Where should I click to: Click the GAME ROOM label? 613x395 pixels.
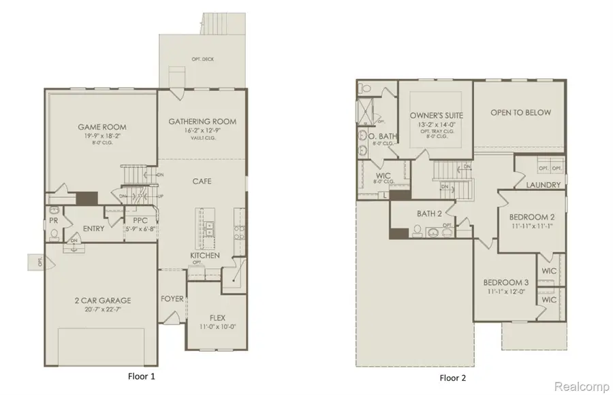point(101,127)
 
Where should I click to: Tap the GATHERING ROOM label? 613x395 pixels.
point(202,122)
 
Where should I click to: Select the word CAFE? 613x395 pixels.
point(202,182)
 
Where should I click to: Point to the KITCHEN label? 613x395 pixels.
point(204,255)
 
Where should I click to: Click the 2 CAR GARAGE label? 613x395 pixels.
point(103,300)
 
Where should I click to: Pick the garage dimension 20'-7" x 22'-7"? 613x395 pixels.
point(103,309)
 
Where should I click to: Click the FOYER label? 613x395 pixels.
point(172,298)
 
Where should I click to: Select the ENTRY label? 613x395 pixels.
point(93,229)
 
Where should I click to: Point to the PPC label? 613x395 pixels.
point(141,220)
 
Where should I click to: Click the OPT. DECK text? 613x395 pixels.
point(203,60)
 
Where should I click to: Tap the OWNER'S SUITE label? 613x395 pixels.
point(436,116)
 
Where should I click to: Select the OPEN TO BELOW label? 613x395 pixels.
point(520,113)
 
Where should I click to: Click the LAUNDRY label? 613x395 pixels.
point(544,185)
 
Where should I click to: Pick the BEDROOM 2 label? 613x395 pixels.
point(532,218)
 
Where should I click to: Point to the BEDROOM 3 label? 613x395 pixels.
point(506,283)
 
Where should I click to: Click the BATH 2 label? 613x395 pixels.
point(430,214)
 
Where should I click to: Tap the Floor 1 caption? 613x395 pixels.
point(143,376)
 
